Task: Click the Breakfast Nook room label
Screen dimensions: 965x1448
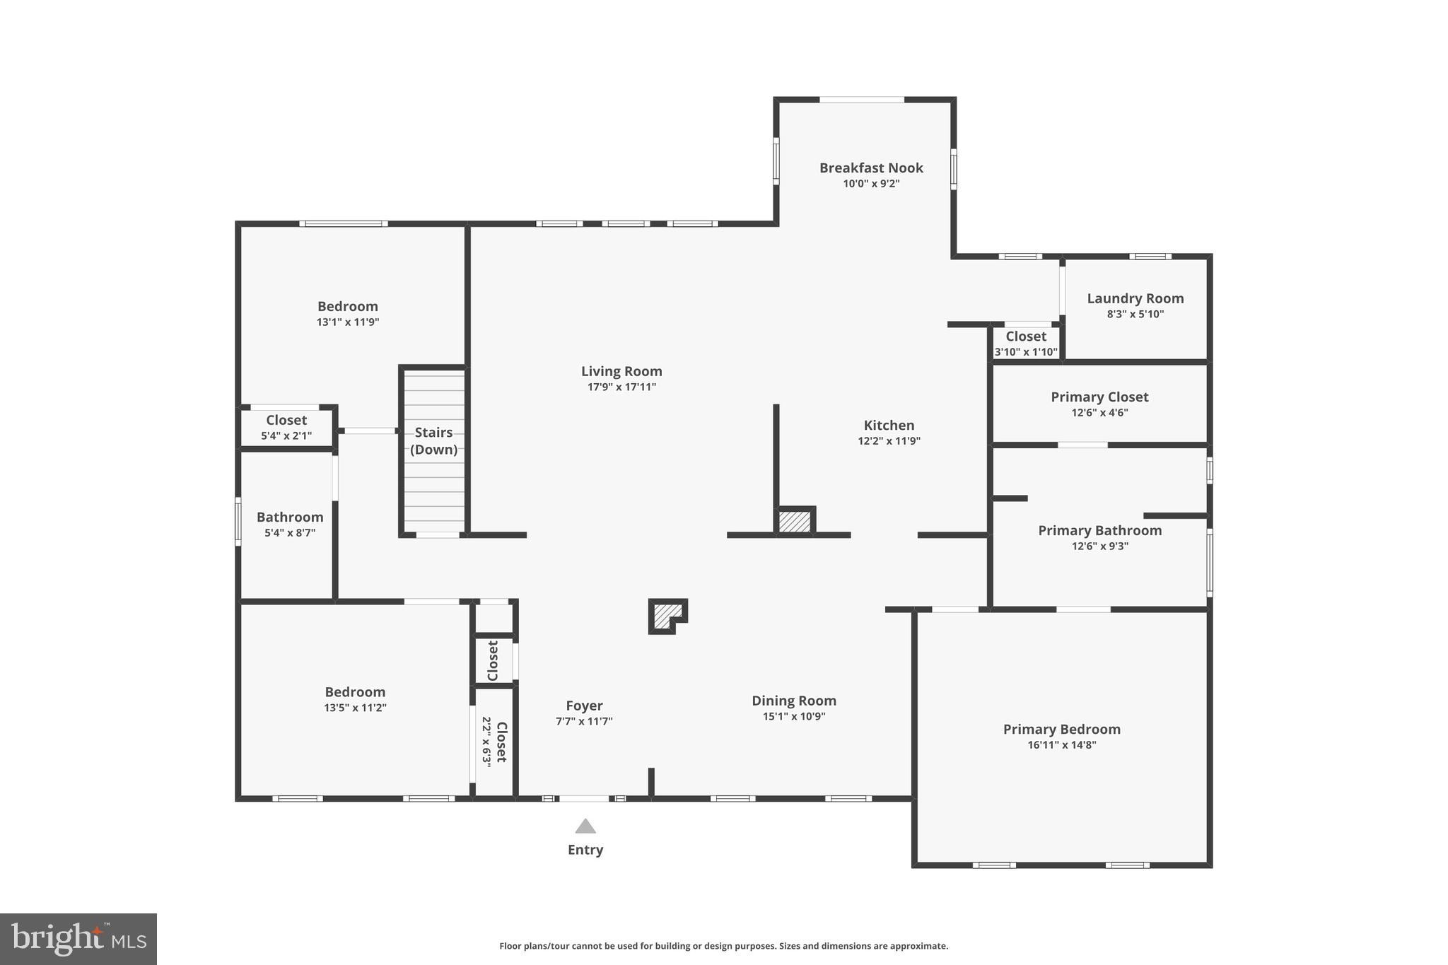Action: click(x=871, y=168)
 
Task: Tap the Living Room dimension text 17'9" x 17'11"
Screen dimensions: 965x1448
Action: click(x=621, y=387)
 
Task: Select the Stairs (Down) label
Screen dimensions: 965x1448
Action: click(x=433, y=440)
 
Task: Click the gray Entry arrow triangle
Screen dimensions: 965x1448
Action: click(x=585, y=826)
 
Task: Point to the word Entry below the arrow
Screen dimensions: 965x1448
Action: click(x=585, y=850)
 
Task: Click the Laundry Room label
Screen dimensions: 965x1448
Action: click(x=1135, y=298)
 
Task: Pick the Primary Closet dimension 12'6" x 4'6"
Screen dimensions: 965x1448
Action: click(x=1099, y=413)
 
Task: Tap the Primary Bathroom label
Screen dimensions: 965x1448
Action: click(x=1099, y=530)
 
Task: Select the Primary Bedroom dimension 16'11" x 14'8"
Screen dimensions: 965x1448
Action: click(x=1061, y=744)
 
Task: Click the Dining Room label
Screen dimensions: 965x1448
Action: click(x=793, y=701)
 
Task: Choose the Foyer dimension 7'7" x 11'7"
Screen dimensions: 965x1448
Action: click(x=584, y=721)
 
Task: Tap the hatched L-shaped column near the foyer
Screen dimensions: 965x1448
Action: click(x=665, y=615)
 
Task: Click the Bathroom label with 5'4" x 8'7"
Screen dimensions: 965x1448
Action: click(x=290, y=517)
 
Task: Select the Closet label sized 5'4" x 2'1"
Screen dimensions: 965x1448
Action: click(x=286, y=420)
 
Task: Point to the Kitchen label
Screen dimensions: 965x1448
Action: click(x=889, y=425)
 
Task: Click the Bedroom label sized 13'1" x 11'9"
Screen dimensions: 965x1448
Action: click(x=347, y=306)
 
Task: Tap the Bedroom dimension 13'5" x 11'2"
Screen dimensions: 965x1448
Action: click(x=355, y=708)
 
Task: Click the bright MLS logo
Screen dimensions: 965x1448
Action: click(x=78, y=939)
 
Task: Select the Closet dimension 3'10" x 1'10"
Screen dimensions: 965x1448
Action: click(x=1025, y=352)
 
